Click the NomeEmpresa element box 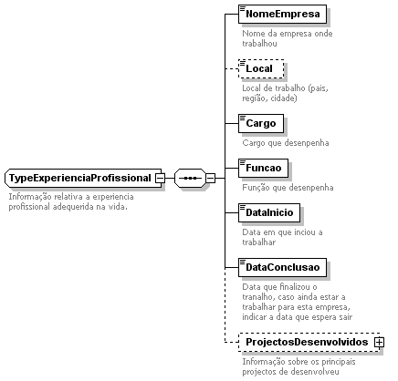pos(282,14)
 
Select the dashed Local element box pos(261,68)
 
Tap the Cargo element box pos(261,123)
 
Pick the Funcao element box pos(263,168)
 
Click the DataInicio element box pos(269,212)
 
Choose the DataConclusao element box pos(282,267)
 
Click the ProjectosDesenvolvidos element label pos(307,342)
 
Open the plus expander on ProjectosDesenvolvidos pos(379,343)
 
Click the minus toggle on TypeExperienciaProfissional pos(160,178)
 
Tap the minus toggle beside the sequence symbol pos(210,178)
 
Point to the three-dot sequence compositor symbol pos(190,178)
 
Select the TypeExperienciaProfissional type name pos(80,178)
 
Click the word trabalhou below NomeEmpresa pos(259,44)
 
